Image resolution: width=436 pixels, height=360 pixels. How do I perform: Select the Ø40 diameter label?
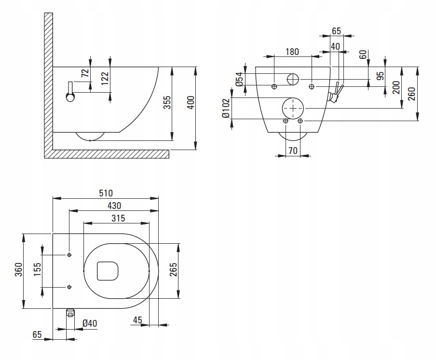pyautogui.click(x=90, y=323)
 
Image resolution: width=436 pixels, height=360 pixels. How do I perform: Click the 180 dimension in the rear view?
pyautogui.click(x=292, y=52)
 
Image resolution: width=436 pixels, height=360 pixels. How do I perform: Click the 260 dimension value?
pyautogui.click(x=411, y=93)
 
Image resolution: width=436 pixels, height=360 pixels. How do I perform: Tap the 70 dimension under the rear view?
pyautogui.click(x=292, y=150)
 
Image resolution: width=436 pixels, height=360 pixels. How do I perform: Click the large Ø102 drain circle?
pyautogui.click(x=293, y=108)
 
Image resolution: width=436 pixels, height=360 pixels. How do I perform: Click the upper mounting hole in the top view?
pyautogui.click(x=69, y=255)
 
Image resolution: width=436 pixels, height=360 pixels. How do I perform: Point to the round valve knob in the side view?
pyautogui.click(x=70, y=98)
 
